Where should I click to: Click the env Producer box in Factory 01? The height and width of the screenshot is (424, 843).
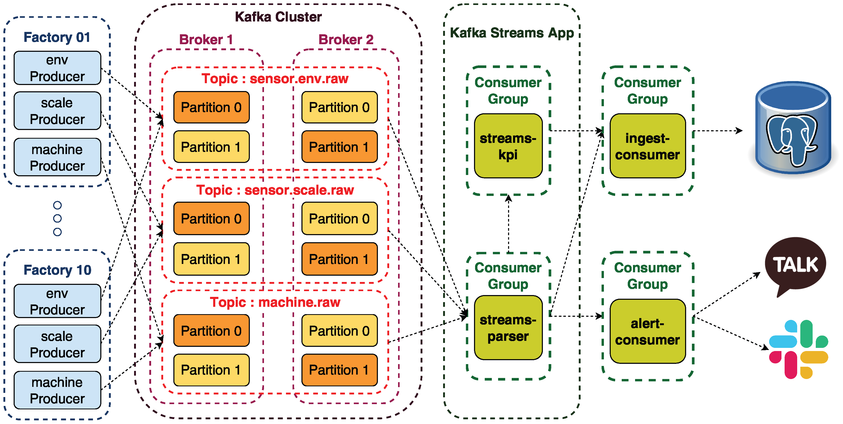[57, 68]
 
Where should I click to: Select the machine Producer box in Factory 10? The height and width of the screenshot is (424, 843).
[57, 390]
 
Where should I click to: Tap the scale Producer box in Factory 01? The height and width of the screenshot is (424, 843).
[57, 111]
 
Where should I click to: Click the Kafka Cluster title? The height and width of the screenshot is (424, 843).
[278, 17]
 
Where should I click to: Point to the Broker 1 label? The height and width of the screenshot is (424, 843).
[206, 39]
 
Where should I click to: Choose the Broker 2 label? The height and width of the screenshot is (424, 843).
[346, 39]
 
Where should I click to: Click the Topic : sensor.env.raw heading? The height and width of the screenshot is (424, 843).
[275, 78]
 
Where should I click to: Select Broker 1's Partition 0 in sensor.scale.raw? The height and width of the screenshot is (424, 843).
[211, 218]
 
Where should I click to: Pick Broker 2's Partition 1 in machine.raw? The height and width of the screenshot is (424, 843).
[339, 370]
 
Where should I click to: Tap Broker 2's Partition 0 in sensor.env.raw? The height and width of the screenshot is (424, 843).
[339, 107]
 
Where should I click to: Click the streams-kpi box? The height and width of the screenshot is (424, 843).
[508, 146]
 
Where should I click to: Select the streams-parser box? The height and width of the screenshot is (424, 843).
[508, 327]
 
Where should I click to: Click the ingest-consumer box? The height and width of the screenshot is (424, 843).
[648, 146]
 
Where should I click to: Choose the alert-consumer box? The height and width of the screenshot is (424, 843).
[648, 331]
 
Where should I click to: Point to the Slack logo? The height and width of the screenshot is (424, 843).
[798, 349]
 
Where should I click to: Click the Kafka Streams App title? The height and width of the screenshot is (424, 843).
[512, 33]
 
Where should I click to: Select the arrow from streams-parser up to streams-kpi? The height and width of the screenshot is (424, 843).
[509, 224]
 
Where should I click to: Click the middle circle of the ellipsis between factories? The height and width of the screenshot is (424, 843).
[57, 218]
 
